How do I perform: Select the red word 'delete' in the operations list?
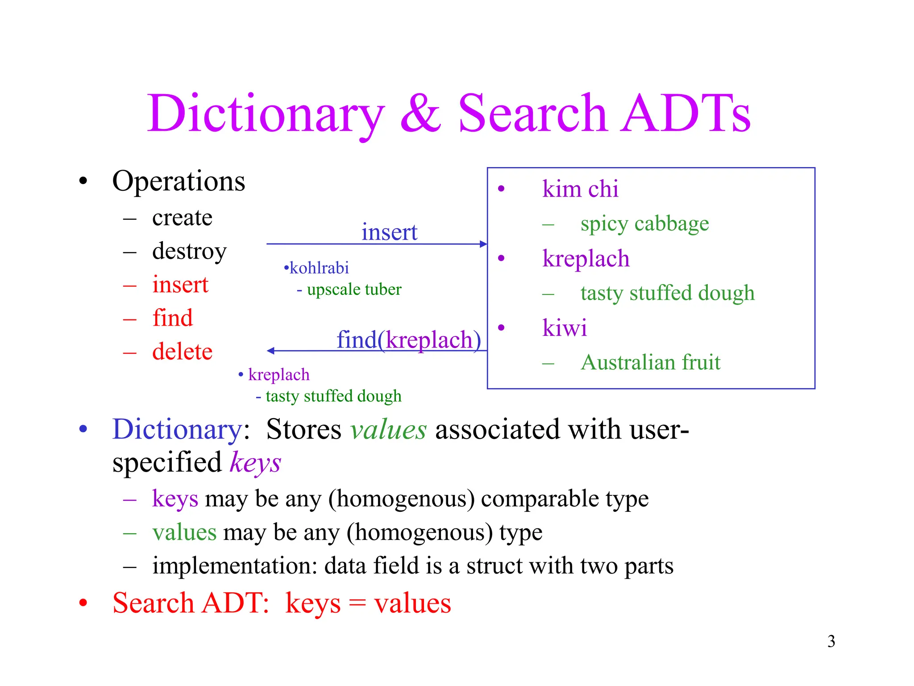tap(182, 351)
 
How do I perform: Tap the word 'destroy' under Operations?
tap(189, 251)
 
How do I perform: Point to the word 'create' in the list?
tap(182, 218)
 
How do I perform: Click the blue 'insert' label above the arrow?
tap(389, 232)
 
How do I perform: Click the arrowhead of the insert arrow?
tap(483, 244)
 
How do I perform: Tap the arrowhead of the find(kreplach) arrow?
tap(270, 351)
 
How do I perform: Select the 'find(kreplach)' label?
tap(409, 340)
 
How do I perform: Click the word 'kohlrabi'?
tap(319, 268)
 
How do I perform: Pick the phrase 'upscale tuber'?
tap(354, 289)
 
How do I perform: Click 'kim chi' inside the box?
tap(580, 189)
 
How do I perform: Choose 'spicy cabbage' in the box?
tap(644, 224)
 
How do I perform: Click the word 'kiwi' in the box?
tap(565, 328)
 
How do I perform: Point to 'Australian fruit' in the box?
tap(650, 362)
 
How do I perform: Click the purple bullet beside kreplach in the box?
tap(501, 258)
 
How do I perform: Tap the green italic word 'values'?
tap(388, 430)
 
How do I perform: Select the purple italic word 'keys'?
tap(255, 463)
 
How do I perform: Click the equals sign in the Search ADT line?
tap(357, 604)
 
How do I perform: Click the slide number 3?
tap(831, 641)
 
